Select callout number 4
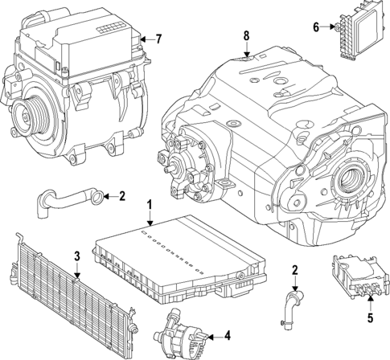[228, 335]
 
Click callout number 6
[317, 27]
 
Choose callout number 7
[159, 38]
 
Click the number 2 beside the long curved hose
[122, 194]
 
